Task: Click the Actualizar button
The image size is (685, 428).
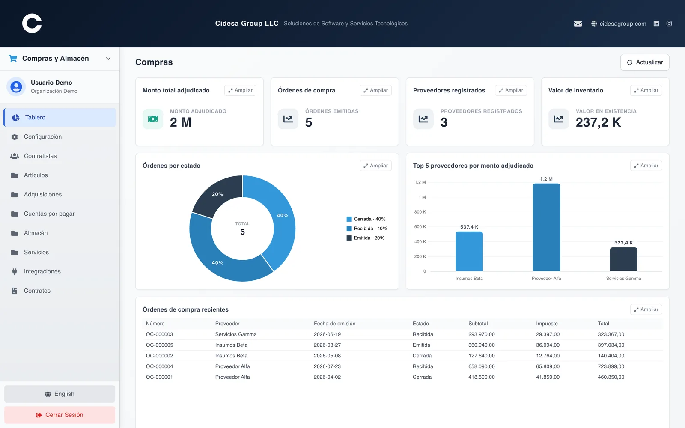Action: (645, 62)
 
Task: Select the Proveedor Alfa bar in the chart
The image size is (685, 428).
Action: (546, 227)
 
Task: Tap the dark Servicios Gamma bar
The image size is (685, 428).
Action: (623, 259)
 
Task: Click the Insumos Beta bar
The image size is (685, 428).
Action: (469, 251)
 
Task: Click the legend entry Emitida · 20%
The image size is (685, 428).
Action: (366, 238)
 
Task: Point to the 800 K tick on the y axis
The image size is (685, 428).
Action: (420, 212)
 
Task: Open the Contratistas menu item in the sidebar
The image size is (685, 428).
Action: (40, 156)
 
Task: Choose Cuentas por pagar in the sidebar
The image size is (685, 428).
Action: (49, 214)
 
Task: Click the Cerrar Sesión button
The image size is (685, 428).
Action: (60, 415)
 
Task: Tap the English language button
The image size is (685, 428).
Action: (60, 394)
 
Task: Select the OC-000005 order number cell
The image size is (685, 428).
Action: (159, 345)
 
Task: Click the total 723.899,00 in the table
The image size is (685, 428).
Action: (611, 366)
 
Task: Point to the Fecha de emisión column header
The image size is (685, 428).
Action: (334, 324)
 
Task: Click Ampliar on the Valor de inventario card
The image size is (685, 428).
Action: (646, 90)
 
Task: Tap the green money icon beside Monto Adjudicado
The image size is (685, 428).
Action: (153, 119)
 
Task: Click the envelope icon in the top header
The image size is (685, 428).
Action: (578, 24)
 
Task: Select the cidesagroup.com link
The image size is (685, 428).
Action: (622, 24)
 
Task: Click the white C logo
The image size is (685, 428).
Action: (32, 23)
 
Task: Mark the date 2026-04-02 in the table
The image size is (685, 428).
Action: (327, 377)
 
